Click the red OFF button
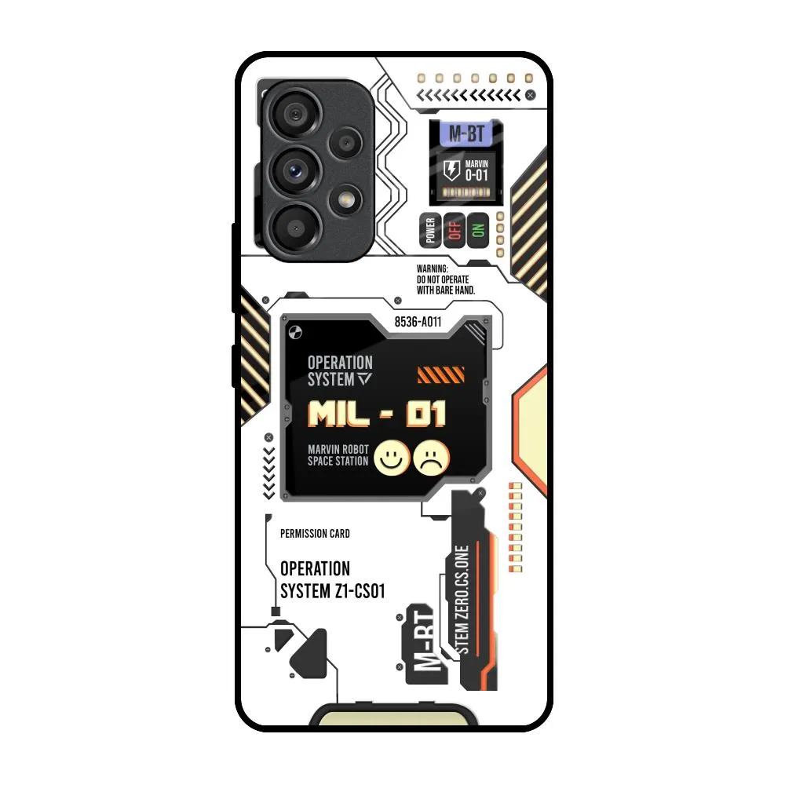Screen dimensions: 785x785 pyautogui.click(x=454, y=231)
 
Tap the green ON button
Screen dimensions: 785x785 pyautogui.click(x=476, y=231)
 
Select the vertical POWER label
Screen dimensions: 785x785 pyautogui.click(x=430, y=231)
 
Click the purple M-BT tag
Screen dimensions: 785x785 pyautogui.click(x=466, y=133)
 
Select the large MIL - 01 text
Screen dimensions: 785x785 pyautogui.click(x=377, y=414)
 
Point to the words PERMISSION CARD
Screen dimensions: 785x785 pyautogui.click(x=315, y=534)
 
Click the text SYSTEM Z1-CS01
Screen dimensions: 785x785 pyautogui.click(x=332, y=591)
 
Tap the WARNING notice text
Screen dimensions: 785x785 pyautogui.click(x=445, y=279)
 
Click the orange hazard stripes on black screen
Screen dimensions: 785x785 pyautogui.click(x=440, y=374)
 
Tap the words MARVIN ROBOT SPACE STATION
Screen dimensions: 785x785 pyautogui.click(x=338, y=455)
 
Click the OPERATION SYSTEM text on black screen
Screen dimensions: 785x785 pyautogui.click(x=339, y=371)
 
